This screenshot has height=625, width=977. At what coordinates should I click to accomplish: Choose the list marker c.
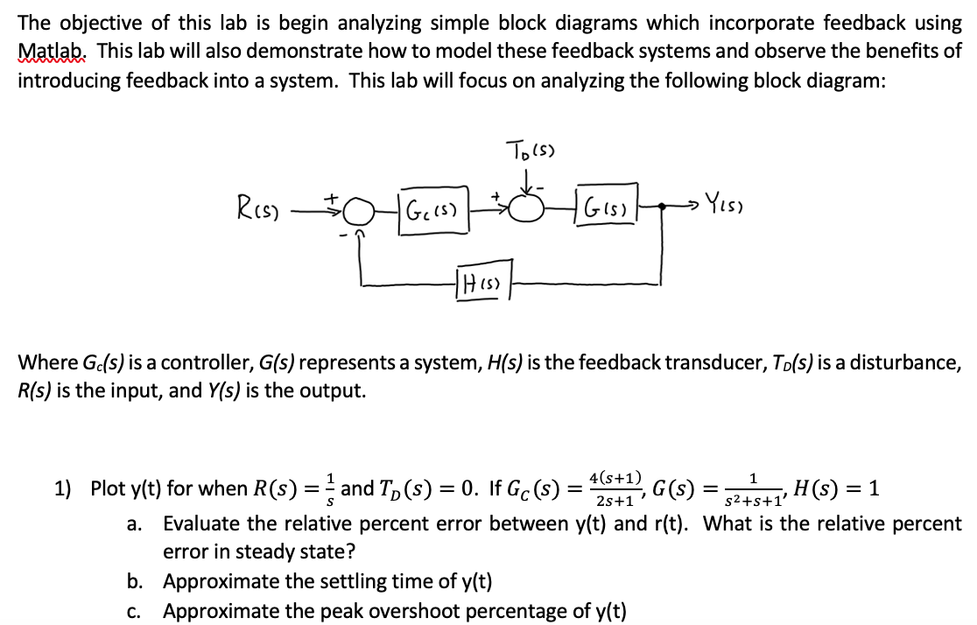pos(135,611)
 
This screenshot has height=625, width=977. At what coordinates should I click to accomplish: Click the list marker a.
pos(135,525)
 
